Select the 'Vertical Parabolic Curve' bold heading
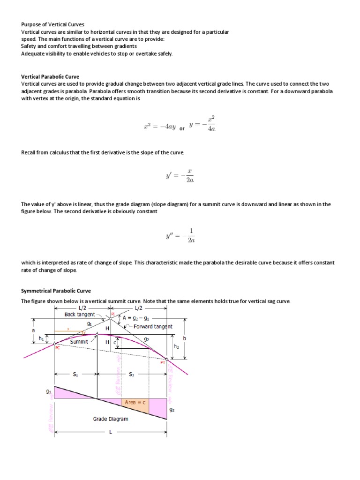click(50, 76)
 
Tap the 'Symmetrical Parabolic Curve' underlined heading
click(56, 291)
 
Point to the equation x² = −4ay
click(160, 126)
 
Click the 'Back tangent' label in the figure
click(80, 315)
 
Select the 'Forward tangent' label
click(153, 326)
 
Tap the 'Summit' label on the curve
click(79, 342)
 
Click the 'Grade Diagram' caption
click(110, 419)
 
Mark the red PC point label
click(58, 348)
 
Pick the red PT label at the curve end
click(163, 362)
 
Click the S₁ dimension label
click(75, 374)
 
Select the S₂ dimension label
click(131, 374)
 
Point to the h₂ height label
click(176, 346)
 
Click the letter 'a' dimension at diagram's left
click(32, 330)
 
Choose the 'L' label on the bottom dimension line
click(111, 432)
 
